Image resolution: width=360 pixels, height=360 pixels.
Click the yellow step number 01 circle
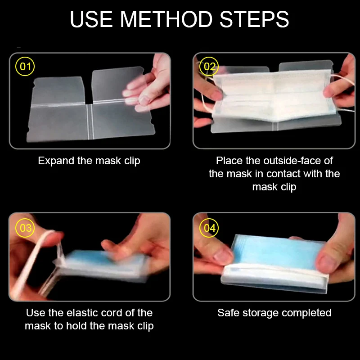[25, 66]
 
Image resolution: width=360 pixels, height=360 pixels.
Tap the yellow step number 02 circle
[209, 66]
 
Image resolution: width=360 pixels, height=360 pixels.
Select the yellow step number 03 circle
[25, 228]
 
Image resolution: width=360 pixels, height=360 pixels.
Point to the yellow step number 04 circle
[209, 228]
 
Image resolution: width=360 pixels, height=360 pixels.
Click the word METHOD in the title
[166, 19]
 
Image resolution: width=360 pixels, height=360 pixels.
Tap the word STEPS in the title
[254, 19]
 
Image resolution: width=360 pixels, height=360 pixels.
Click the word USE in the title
[91, 19]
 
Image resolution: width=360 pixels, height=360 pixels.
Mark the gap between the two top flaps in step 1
[88, 91]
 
